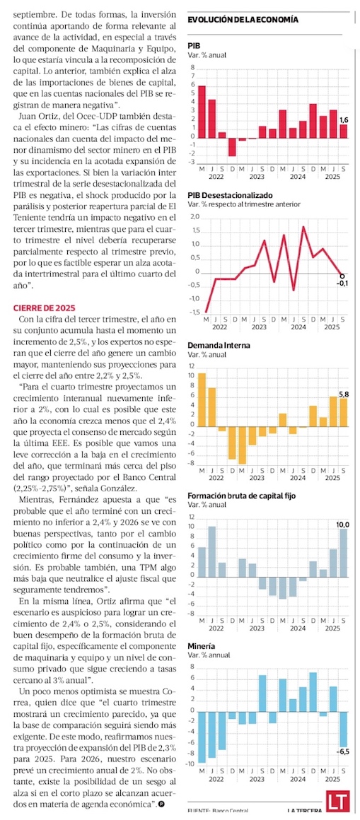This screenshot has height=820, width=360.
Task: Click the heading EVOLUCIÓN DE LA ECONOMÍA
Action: (243, 19)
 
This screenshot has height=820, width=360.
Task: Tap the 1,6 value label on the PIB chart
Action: (344, 119)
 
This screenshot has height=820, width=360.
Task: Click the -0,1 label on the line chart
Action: (344, 283)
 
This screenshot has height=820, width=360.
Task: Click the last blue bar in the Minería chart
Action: (344, 729)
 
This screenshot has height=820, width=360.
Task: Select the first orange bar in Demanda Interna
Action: (202, 399)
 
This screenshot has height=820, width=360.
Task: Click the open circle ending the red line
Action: (343, 275)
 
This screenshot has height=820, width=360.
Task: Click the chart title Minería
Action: (201, 646)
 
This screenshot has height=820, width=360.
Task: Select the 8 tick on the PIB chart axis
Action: (192, 68)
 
